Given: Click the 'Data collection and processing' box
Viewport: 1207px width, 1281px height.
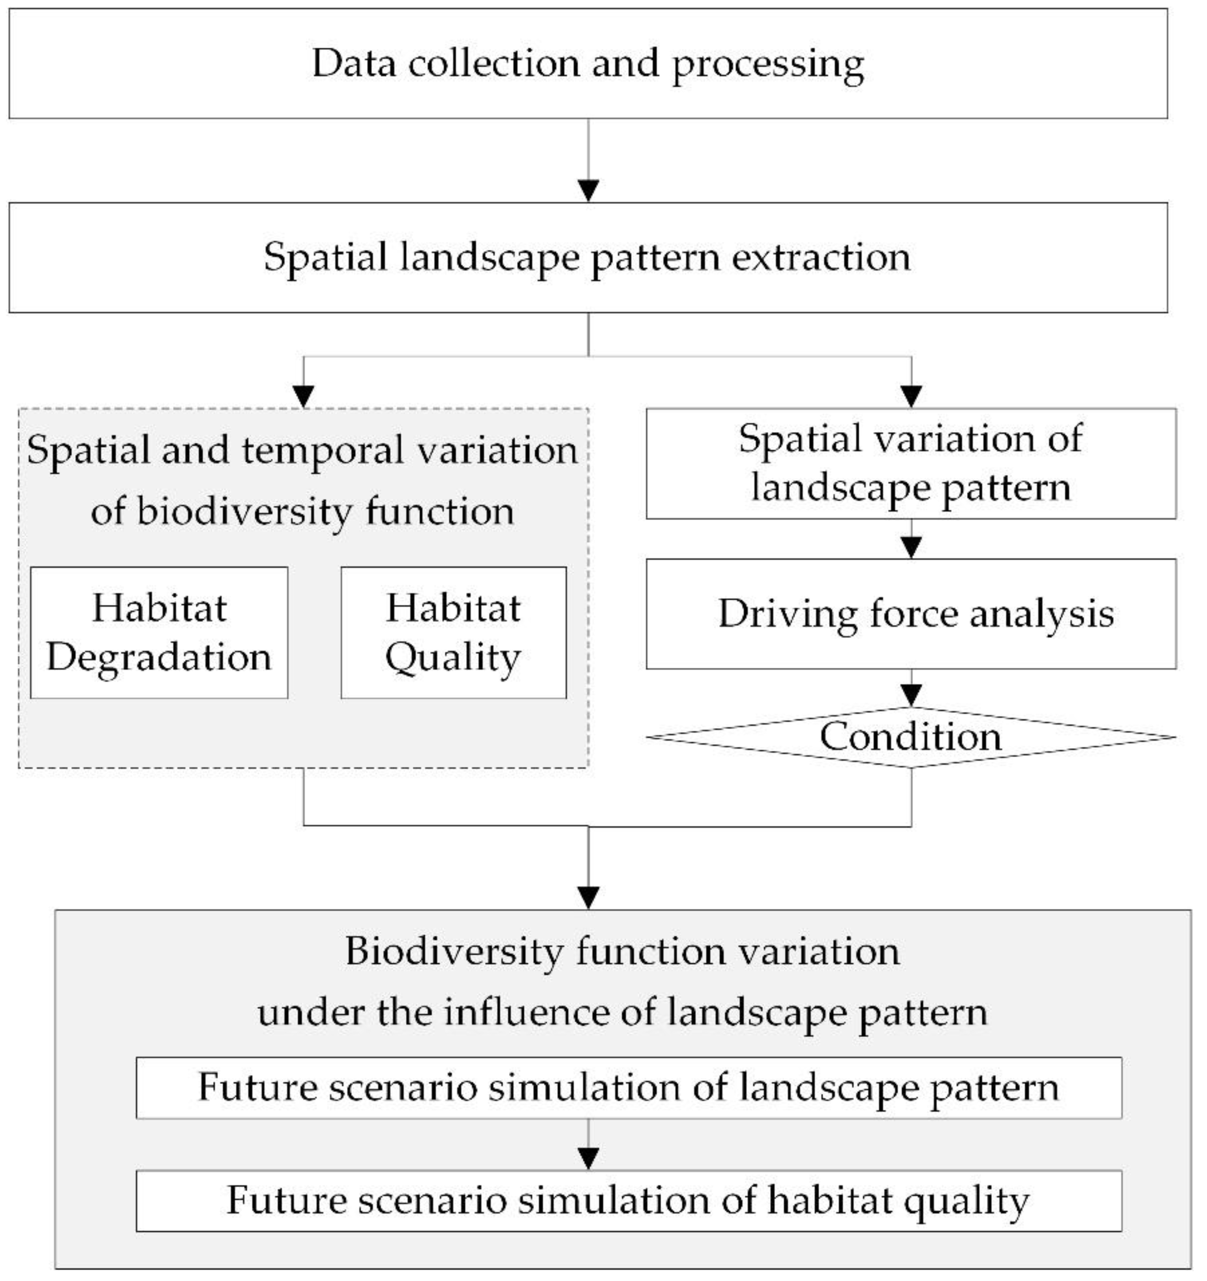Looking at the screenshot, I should click(588, 63).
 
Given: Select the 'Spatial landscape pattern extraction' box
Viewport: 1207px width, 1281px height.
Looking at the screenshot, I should click(588, 257).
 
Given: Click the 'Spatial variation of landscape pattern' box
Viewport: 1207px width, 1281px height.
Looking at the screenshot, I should click(911, 463).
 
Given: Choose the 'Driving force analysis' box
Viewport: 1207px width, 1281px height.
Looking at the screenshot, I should click(911, 613).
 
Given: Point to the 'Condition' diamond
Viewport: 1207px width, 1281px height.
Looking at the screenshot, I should click(911, 736).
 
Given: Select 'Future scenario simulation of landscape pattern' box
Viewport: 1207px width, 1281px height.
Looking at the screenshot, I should click(629, 1088).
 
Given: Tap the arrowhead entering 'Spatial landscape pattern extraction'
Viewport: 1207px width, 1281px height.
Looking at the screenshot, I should click(588, 191).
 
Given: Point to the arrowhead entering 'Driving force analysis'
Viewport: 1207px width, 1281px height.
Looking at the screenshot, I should click(911, 547).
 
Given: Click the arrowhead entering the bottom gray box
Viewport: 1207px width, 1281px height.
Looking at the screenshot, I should click(588, 898).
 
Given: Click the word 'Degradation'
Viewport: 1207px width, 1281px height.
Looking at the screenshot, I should click(159, 657).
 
